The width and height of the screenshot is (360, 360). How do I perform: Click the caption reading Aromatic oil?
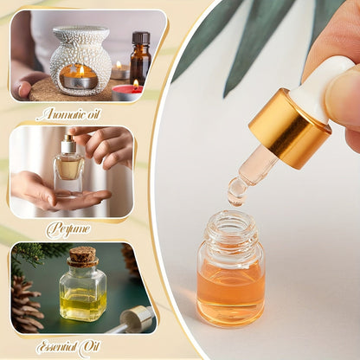point(74,113)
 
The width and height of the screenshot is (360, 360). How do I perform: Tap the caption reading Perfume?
point(69,230)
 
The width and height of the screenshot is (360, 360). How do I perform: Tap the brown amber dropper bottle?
point(139,61)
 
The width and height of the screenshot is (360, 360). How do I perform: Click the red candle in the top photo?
point(128,91)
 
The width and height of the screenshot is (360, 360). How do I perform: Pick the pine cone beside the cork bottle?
point(26,303)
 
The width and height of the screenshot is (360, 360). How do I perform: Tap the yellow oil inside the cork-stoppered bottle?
point(83,303)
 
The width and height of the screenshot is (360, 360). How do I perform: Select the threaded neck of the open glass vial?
point(229,229)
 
